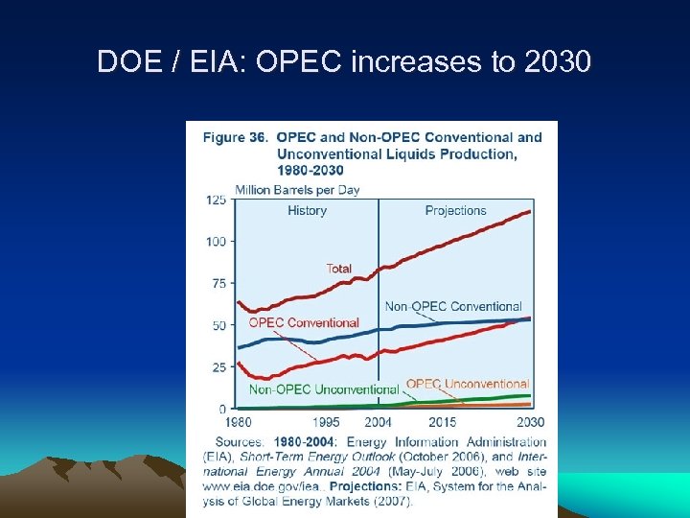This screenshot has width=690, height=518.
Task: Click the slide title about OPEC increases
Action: coord(345,63)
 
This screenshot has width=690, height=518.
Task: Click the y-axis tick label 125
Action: coord(216,200)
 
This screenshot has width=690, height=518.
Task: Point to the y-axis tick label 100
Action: coord(216,241)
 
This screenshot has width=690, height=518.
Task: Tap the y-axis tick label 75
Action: coord(218,283)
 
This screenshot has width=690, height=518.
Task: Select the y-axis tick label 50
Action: coord(218,325)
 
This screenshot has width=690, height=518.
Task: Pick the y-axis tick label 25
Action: coord(218,366)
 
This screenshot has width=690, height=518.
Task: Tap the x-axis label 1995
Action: coord(326,422)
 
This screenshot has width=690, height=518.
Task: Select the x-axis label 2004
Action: coord(379,422)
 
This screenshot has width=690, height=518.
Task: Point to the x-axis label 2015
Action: coord(443,422)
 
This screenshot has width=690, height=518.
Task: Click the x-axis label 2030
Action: coord(530,422)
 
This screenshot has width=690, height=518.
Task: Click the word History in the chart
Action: coord(307,211)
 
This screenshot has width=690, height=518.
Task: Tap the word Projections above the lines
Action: coord(455,211)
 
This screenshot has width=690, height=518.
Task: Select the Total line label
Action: coord(339,269)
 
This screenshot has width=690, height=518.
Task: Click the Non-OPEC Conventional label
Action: coord(453,307)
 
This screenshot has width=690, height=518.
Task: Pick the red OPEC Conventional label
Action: coord(304,323)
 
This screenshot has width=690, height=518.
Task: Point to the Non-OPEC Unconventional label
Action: coord(324,389)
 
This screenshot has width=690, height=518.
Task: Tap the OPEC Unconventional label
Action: coord(468,384)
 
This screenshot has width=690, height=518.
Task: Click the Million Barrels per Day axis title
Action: coord(297,190)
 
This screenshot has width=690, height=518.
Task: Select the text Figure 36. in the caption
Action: coord(235,137)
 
